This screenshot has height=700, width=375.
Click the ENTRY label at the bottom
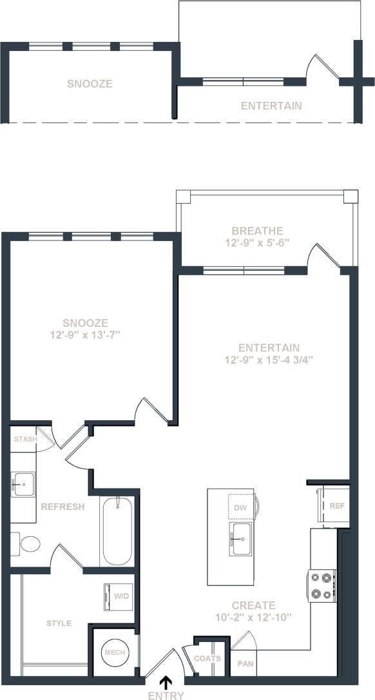166,695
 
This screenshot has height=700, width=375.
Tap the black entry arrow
166,681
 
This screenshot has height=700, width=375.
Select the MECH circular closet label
115,652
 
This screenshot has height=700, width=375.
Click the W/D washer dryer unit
119,596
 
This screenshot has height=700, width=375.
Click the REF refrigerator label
336,506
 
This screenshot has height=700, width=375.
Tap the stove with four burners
323,585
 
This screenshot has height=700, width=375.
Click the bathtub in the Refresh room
117,530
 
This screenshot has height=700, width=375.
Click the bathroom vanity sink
23,483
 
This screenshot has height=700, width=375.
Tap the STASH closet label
24,440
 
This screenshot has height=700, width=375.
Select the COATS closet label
208,659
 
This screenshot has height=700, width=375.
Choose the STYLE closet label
59,623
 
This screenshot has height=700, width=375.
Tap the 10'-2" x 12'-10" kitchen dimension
254,617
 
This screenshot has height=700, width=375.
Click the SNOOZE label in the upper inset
90,84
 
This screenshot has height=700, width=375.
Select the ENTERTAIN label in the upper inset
271,105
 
